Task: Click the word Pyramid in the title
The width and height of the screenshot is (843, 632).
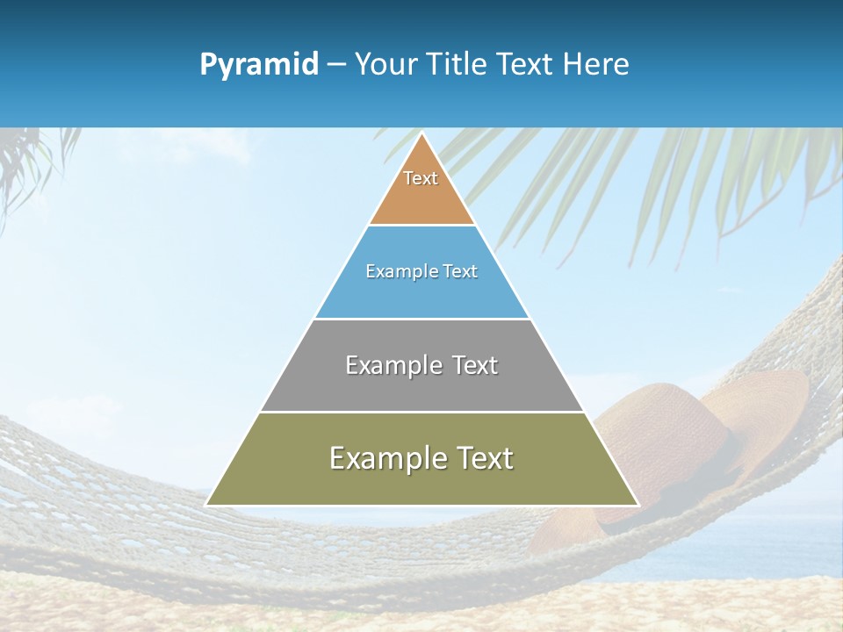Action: [x=258, y=65]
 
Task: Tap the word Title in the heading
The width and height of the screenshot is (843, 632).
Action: [x=459, y=65]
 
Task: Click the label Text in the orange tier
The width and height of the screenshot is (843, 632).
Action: [x=421, y=178]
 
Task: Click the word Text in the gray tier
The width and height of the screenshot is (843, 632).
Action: [x=474, y=365]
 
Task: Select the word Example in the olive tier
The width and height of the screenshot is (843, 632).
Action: [x=385, y=458]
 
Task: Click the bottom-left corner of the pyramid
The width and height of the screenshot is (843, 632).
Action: [x=207, y=504]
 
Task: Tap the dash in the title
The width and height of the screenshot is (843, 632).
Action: [x=336, y=65]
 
